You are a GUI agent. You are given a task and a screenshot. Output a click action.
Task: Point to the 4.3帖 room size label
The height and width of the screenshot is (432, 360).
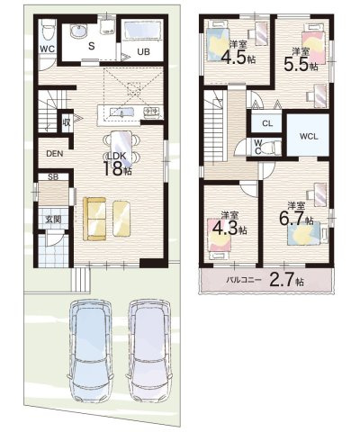point(229,227)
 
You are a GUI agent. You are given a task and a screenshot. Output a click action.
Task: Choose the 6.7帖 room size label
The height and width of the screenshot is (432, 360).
point(297,216)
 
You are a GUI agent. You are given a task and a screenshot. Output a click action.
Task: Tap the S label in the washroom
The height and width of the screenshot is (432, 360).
point(91,42)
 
